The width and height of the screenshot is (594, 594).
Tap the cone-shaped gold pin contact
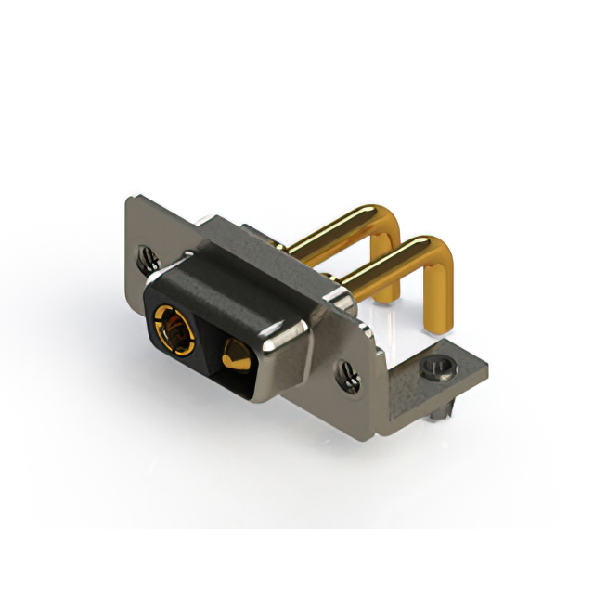[234, 354]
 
